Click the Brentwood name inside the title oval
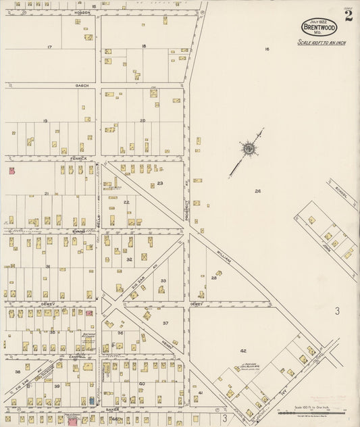pyautogui.click(x=319, y=28)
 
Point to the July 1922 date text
pyautogui.click(x=319, y=22)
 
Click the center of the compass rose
pyautogui.click(x=249, y=147)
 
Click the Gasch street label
pyautogui.click(x=82, y=86)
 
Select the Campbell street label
pyautogui.click(x=76, y=357)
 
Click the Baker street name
pyautogui.click(x=112, y=409)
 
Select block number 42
pyautogui.click(x=243, y=351)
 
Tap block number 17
pyautogui.click(x=49, y=47)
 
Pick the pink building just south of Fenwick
pyautogui.click(x=11, y=172)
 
